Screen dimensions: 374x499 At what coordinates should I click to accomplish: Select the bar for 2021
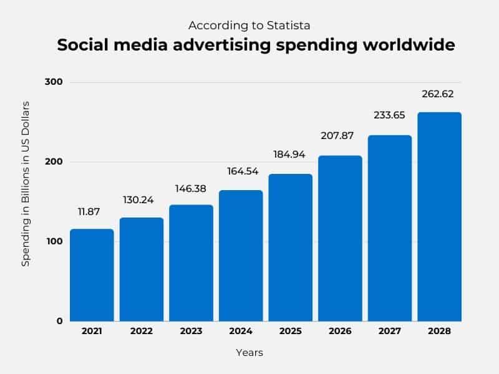pos(92,275)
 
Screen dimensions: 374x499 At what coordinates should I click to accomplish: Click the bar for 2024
pos(241,256)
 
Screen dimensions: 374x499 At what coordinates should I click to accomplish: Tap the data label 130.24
pos(141,200)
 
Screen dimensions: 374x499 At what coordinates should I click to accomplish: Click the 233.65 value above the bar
pos(389,117)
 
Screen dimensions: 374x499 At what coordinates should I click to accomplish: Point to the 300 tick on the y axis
pos(54,82)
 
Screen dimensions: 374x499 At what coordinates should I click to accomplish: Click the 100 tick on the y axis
pos(54,241)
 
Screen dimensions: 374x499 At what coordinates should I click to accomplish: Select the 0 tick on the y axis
pos(60,321)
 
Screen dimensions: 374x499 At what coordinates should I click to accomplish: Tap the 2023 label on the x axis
pos(191,332)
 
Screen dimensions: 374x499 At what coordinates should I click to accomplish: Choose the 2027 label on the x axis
pos(389,332)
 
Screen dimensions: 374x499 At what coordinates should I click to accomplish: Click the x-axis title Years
pos(249,353)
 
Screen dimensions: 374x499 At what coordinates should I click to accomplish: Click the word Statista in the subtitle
pos(289,26)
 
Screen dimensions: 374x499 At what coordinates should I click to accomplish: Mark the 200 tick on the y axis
pos(54,162)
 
